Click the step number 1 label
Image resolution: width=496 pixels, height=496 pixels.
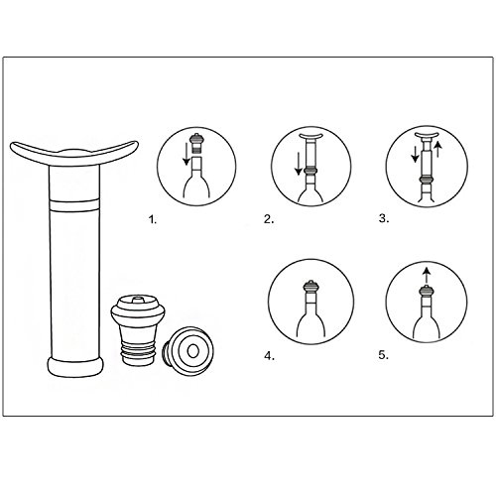152,219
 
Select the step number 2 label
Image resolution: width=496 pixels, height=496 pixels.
269,219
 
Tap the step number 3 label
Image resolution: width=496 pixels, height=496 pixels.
384,218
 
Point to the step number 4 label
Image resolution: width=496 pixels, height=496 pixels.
270,356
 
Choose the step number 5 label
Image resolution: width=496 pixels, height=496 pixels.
384,355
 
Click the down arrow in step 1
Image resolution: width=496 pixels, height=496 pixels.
186,154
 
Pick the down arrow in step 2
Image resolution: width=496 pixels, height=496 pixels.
299,163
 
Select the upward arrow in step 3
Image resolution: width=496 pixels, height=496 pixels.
437,149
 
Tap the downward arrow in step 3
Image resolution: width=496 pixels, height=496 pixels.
415,155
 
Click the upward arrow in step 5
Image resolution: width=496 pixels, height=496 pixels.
427,276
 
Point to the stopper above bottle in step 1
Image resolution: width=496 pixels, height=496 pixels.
197,143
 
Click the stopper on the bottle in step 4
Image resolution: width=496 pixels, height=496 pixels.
310,286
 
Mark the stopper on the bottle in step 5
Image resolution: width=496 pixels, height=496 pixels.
427,291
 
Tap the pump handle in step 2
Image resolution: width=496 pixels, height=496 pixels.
310,136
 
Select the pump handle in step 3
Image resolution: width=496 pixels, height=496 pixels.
427,135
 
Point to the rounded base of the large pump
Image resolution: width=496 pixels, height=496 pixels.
75,367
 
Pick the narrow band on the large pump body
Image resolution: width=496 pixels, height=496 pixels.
74,205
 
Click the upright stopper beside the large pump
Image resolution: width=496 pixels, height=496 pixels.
138,330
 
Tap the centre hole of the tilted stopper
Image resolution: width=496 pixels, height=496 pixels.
192,351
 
